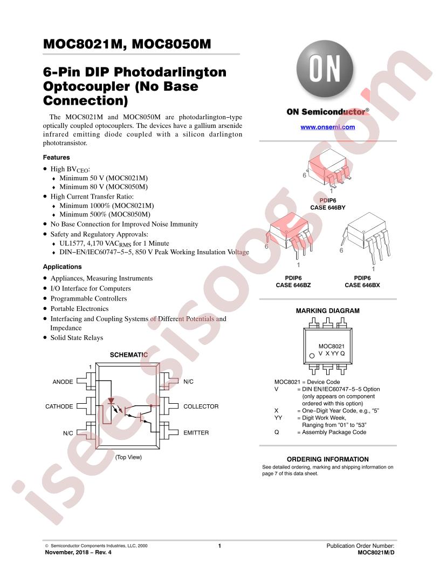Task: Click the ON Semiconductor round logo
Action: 325,69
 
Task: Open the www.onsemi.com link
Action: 327,127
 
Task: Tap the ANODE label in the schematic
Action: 63,382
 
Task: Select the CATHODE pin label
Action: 59,406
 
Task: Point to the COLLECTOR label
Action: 201,406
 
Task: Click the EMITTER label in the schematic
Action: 196,432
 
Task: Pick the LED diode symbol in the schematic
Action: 111,402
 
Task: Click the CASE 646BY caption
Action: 327,208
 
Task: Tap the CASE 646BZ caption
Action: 293,286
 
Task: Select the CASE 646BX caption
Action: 362,286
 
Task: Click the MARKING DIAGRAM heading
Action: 327,311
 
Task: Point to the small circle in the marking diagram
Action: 312,356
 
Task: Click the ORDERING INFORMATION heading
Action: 327,459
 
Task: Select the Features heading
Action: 56,158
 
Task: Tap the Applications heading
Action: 62,267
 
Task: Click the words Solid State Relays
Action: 77,338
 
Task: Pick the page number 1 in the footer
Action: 219,546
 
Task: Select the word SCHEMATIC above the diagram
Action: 128,355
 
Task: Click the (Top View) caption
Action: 128,457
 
